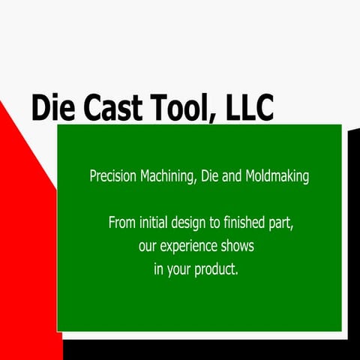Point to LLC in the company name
click(x=249, y=108)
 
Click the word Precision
click(x=113, y=177)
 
